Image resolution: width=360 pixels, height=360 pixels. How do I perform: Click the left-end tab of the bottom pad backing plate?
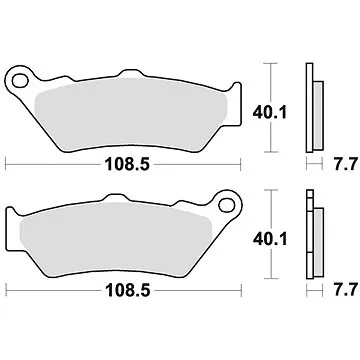click(13, 225)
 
